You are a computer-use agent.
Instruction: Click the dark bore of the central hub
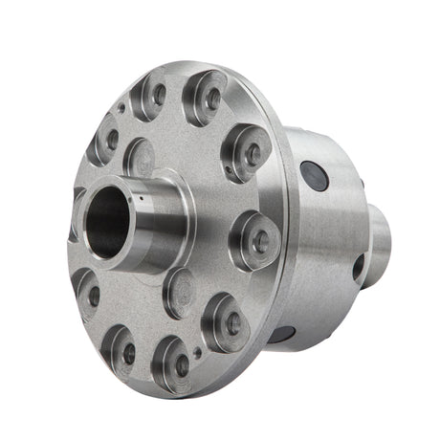click(x=108, y=221)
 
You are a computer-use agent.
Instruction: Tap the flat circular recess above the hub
click(x=140, y=156)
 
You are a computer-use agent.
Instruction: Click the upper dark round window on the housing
click(x=313, y=174)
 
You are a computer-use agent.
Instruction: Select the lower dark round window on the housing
click(x=282, y=334)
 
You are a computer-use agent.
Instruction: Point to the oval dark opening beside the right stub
click(x=359, y=267)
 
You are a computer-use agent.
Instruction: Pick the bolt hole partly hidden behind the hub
click(x=77, y=212)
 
